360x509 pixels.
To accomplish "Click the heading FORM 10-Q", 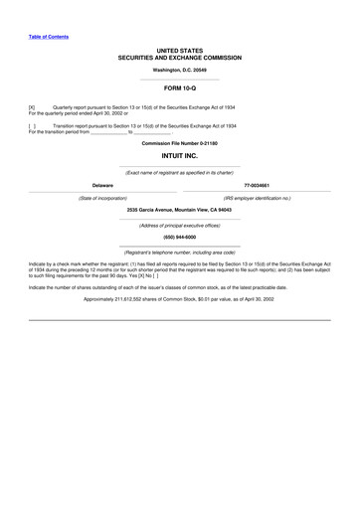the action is [x=180, y=87].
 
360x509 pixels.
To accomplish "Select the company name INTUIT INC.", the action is [x=180, y=156].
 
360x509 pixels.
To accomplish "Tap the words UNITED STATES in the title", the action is [x=180, y=50].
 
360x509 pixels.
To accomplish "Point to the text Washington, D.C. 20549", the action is [x=180, y=70].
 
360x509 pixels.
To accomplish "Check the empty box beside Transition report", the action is [x=32, y=126].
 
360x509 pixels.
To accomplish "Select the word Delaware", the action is [x=102, y=185].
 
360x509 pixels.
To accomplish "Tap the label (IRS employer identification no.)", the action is [x=258, y=198].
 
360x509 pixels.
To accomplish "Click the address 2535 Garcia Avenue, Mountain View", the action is [x=180, y=210].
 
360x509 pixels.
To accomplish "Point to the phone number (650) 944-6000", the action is [x=180, y=238].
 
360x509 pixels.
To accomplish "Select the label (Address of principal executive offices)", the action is [x=180, y=225].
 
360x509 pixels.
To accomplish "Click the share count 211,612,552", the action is [x=130, y=299].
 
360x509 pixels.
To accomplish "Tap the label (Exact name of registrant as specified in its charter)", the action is [x=180, y=172].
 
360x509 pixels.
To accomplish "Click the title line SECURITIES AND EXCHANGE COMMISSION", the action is [x=180, y=58].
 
